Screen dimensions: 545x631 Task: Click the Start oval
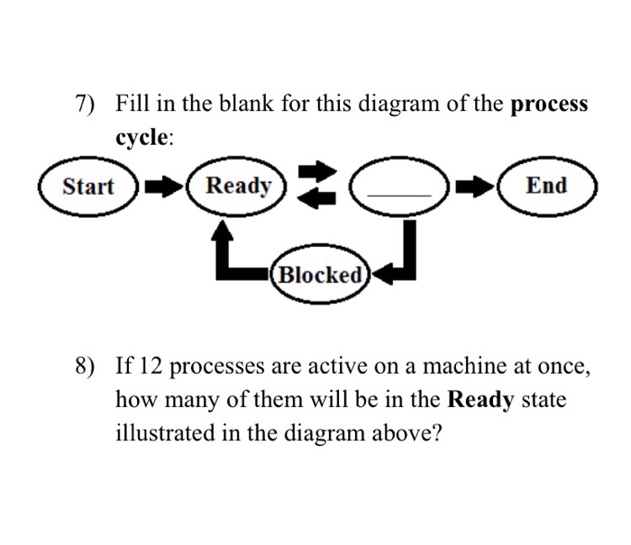87,186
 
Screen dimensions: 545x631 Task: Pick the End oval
547,186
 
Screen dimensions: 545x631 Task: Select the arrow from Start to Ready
161,187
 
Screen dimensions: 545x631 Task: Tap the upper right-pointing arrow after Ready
311,171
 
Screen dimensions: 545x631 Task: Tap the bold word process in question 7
549,104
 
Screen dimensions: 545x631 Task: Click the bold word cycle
140,138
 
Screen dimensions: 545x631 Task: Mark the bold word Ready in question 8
480,400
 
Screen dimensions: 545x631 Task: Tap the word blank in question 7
213,104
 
